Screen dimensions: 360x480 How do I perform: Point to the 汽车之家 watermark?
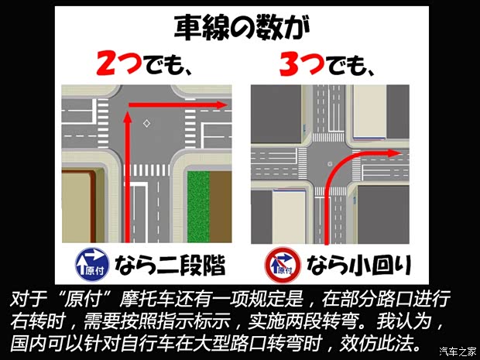pyautogui.click(x=456, y=350)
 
